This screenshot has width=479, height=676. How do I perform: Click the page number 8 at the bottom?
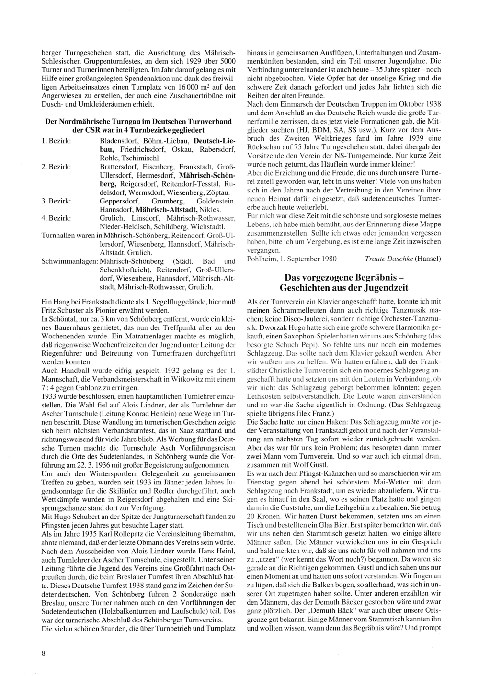coord(44,654)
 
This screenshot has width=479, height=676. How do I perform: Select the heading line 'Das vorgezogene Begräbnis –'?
coord(344,278)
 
